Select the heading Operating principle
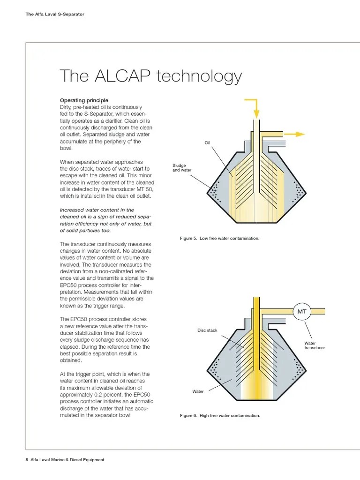point(84,100)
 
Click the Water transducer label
point(315,345)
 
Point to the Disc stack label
point(207,330)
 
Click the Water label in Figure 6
point(198,391)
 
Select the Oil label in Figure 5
point(207,143)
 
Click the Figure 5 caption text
point(219,239)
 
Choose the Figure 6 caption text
point(220,415)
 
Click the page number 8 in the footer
point(27,460)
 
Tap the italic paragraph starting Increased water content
point(106,220)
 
